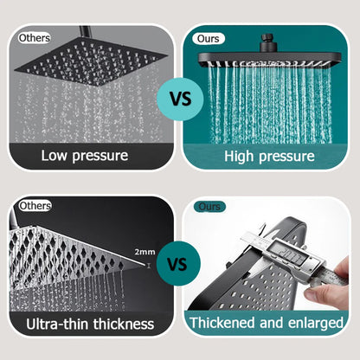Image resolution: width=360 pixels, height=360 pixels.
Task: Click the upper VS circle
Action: pyautogui.click(x=180, y=98)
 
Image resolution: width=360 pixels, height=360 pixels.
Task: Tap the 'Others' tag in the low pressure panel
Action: pyautogui.click(x=34, y=38)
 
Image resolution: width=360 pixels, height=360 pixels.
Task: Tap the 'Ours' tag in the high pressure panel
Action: pyautogui.click(x=210, y=38)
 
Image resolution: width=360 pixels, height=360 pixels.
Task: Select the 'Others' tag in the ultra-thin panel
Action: pyautogui.click(x=35, y=206)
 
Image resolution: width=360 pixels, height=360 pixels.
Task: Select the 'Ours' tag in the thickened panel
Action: pyautogui.click(x=210, y=207)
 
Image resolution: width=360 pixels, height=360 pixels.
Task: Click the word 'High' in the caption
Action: pyautogui.click(x=242, y=157)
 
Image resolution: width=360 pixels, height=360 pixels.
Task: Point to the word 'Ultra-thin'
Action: pyautogui.click(x=57, y=325)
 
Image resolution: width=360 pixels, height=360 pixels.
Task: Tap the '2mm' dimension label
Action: pyautogui.click(x=145, y=252)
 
